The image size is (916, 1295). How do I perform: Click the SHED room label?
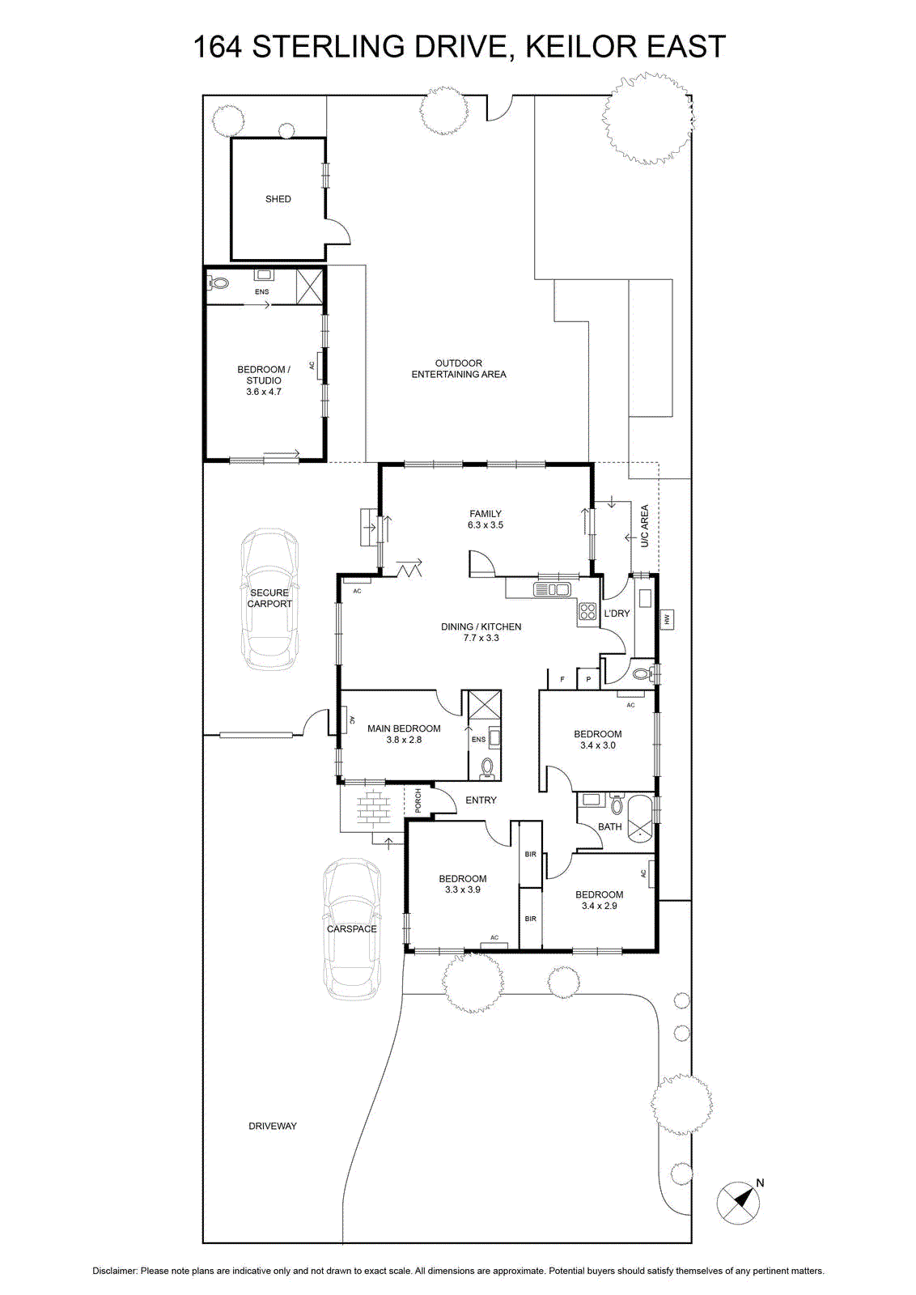click(278, 199)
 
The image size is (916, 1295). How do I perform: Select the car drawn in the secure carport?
click(270, 599)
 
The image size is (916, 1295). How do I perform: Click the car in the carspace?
click(352, 929)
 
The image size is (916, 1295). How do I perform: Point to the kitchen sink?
click(553, 590)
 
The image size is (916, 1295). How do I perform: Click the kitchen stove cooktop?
click(587, 611)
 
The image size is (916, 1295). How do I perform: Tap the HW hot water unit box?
click(667, 619)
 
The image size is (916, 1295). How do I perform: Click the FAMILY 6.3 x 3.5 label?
click(485, 519)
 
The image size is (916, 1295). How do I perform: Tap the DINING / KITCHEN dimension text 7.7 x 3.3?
click(481, 638)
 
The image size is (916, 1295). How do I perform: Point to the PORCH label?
click(418, 800)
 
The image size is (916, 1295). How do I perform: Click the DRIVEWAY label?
click(272, 1126)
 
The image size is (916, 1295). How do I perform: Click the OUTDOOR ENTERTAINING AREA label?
click(458, 369)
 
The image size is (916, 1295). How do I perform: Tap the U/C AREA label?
click(644, 526)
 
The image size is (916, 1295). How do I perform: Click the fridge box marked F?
click(562, 679)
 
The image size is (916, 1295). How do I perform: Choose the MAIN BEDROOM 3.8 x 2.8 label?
click(404, 734)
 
